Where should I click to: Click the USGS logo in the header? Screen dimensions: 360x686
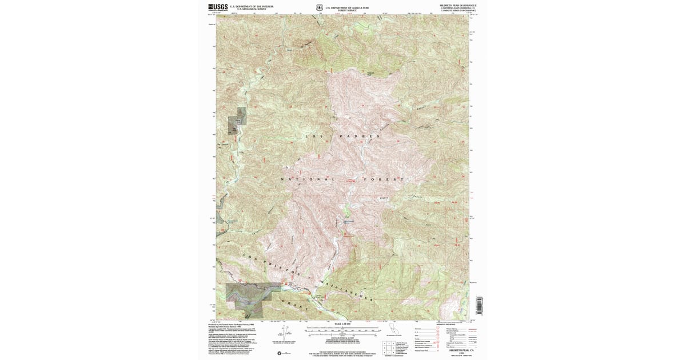click(218, 7)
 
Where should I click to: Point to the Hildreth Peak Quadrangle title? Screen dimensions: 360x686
click(458, 5)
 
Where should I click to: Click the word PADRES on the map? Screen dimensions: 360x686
click(360, 137)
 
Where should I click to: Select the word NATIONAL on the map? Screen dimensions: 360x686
click(307, 179)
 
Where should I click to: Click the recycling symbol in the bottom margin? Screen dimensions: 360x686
click(279, 353)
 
